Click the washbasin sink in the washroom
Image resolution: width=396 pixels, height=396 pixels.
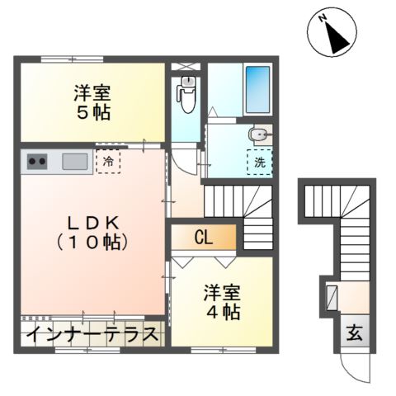click(259, 134)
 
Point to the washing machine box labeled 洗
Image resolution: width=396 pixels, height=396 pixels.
click(260, 163)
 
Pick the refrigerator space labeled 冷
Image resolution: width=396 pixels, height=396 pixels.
click(108, 161)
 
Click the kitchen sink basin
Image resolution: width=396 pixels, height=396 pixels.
click(75, 162)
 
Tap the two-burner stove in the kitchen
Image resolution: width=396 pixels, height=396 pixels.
click(37, 162)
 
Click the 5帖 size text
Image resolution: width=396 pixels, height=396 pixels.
click(91, 111)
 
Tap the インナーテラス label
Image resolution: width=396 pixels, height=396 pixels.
click(92, 336)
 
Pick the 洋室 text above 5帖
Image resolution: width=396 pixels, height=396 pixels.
click(91, 92)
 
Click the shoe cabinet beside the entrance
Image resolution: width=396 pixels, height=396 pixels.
click(332, 296)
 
